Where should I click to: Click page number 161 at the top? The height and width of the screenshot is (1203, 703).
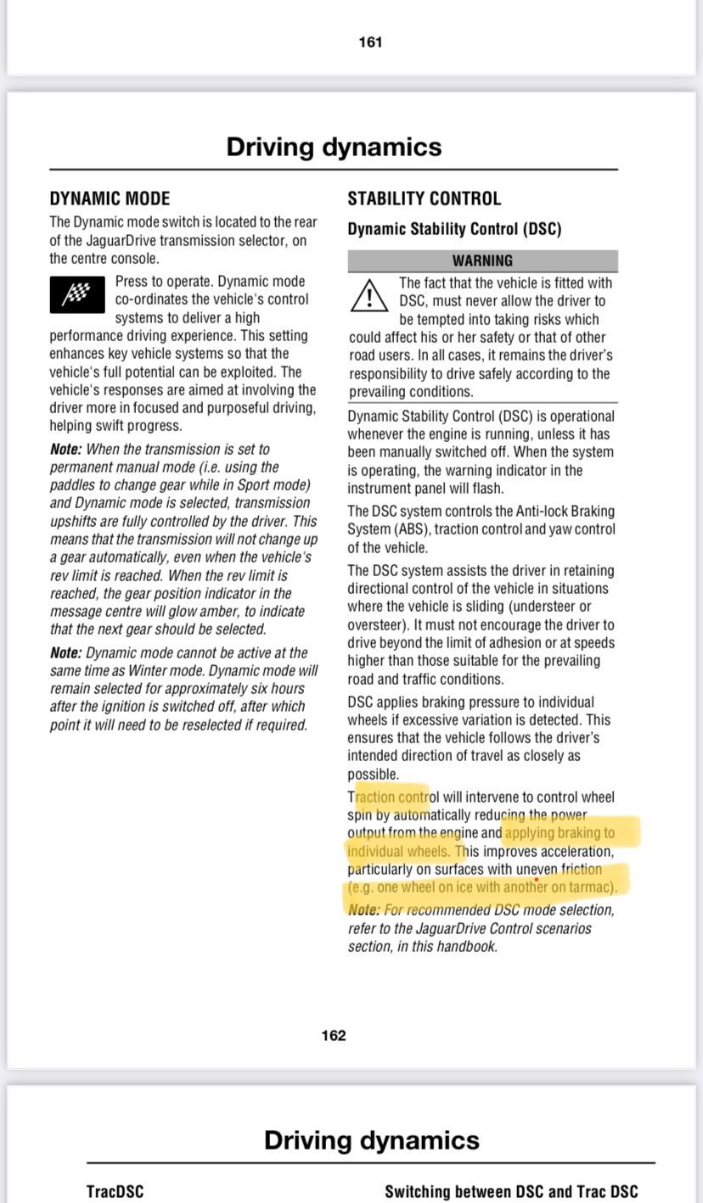click(370, 42)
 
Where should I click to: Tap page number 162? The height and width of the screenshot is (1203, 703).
click(334, 1035)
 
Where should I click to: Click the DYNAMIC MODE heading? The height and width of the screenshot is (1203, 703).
click(110, 199)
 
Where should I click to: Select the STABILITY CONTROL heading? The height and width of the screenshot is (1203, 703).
click(424, 199)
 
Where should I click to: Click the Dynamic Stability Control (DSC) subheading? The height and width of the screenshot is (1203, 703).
click(454, 229)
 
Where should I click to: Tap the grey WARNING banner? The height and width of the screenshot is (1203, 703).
click(482, 260)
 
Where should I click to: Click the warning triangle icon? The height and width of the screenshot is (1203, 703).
click(369, 296)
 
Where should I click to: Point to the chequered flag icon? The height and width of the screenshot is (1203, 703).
click(77, 295)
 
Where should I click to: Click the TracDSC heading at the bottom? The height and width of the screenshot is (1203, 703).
click(115, 1191)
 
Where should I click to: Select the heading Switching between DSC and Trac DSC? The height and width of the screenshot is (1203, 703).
click(511, 1191)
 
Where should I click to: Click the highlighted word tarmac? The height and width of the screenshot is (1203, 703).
click(589, 887)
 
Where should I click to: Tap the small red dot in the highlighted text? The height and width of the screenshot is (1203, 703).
click(536, 880)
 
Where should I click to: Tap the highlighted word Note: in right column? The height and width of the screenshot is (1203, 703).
click(364, 910)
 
